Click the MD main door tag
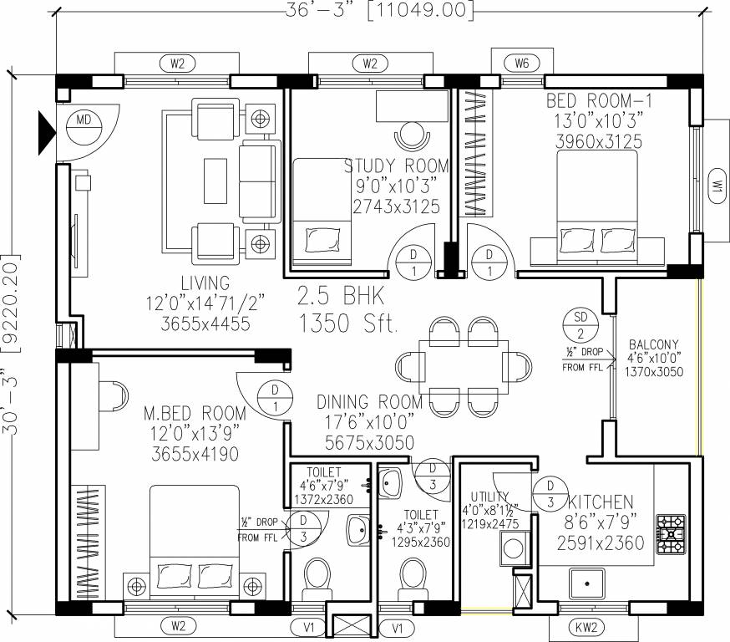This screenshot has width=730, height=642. pos(84,126)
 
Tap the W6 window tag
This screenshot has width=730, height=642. pos(522,63)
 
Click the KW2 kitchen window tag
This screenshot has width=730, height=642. pos(586,627)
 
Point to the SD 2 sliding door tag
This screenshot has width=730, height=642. pos(580,325)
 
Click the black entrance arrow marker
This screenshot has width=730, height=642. pos(47,133)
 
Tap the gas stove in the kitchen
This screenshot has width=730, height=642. pos(671,534)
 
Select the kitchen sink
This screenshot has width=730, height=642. pos(586,583)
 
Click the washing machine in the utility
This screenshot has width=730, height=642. pos(515,549)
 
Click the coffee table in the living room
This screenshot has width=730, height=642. pos(215,181)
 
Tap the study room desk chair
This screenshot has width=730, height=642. pos(412,136)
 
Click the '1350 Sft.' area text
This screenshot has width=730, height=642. pos(348,324)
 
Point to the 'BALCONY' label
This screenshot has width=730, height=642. pos(654,344)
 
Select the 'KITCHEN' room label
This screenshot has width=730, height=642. pos(601,502)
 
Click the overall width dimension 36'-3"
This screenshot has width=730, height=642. pos(317,10)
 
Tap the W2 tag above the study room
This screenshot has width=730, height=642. pos(370,63)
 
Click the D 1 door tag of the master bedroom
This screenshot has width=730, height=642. pos(275,399)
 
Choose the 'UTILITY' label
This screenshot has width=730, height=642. pos(489,497)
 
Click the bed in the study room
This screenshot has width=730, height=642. pos(322,212)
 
